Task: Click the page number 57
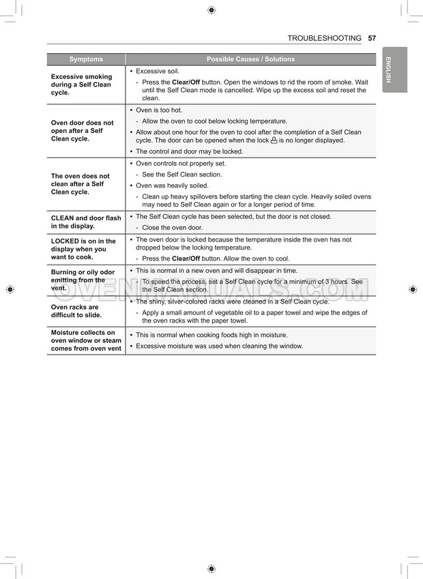point(372,38)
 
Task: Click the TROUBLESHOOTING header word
point(324,38)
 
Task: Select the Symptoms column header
point(86,59)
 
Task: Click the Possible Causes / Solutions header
point(250,59)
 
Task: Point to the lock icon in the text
point(274,140)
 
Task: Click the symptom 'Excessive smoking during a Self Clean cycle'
point(81,85)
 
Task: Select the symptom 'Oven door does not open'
point(82,130)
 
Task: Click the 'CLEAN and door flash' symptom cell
point(85,222)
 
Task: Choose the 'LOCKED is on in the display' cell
point(83,249)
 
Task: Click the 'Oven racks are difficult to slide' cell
point(77,311)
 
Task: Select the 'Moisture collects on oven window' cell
point(86,340)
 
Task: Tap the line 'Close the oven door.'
point(172,228)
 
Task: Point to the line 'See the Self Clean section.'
point(181,175)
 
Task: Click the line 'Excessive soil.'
point(158,71)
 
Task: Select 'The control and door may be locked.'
point(189,151)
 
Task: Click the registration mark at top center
point(211,10)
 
